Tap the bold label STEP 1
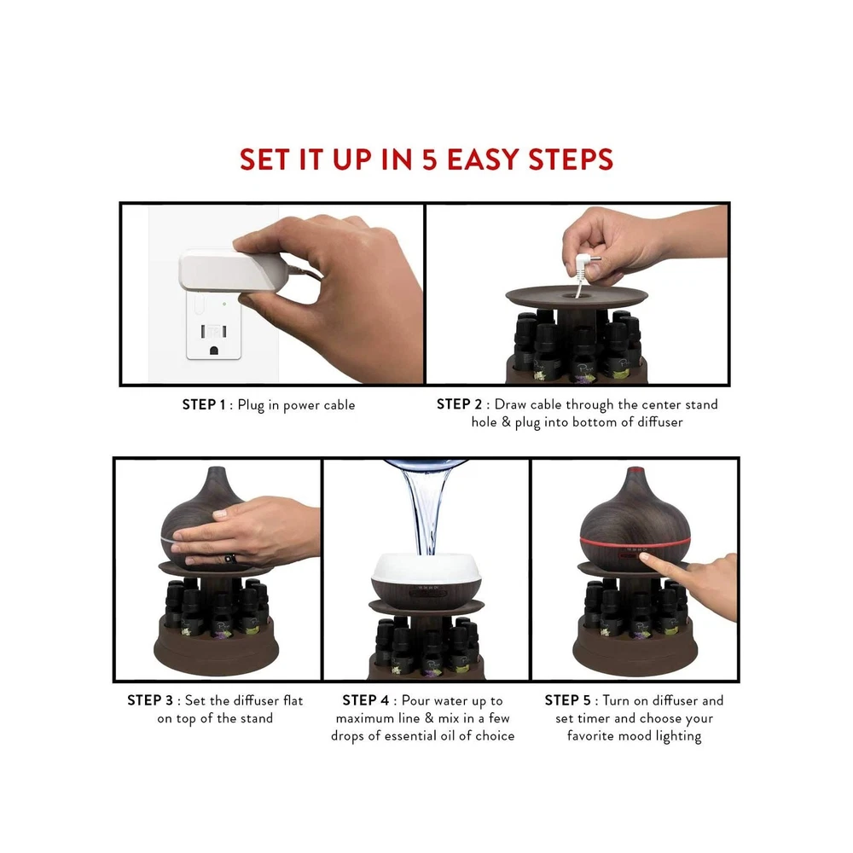[204, 404]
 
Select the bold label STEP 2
[459, 404]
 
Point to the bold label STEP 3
[150, 700]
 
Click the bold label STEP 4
[366, 700]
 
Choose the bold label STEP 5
[567, 700]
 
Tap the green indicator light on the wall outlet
[224, 305]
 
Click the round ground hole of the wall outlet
[214, 350]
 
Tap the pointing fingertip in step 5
[645, 557]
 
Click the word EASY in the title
[483, 160]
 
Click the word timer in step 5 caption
[593, 718]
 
